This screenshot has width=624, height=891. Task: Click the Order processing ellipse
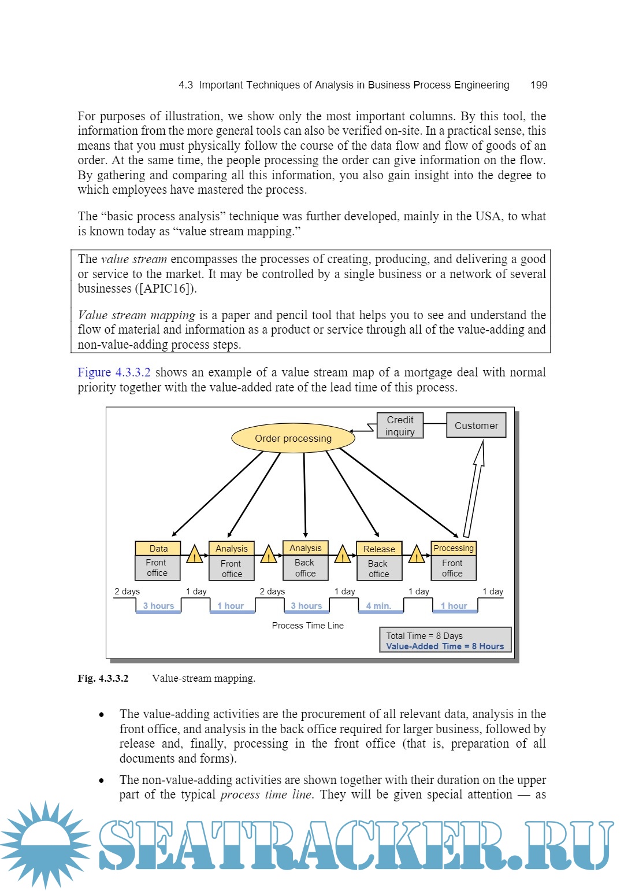pyautogui.click(x=293, y=438)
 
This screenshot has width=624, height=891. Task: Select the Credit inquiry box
pyautogui.click(x=400, y=426)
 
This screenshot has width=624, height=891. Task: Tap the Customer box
pyautogui.click(x=476, y=426)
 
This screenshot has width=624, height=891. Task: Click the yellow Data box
pyautogui.click(x=158, y=548)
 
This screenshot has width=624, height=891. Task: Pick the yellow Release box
pyautogui.click(x=379, y=549)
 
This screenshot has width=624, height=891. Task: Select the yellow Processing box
pyautogui.click(x=454, y=548)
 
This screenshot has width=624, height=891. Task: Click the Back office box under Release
pyautogui.click(x=378, y=568)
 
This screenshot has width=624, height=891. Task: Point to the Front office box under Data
pyautogui.click(x=157, y=568)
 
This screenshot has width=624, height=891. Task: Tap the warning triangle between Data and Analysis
pyautogui.click(x=195, y=555)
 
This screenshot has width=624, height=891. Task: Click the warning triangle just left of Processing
pyautogui.click(x=417, y=555)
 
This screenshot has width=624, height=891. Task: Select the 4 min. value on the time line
pyautogui.click(x=378, y=606)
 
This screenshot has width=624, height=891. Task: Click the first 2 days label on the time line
pyautogui.click(x=127, y=591)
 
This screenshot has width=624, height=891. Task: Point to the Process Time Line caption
pyautogui.click(x=307, y=626)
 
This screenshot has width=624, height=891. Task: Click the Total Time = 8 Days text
pyautogui.click(x=424, y=635)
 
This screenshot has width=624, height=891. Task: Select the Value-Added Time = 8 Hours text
pyautogui.click(x=445, y=646)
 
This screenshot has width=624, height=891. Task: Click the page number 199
pyautogui.click(x=538, y=85)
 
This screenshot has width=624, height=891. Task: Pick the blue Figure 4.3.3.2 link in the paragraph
pyautogui.click(x=114, y=372)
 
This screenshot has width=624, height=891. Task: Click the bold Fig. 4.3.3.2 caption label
pyautogui.click(x=103, y=678)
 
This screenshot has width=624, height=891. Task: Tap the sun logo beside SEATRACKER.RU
pyautogui.click(x=45, y=844)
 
